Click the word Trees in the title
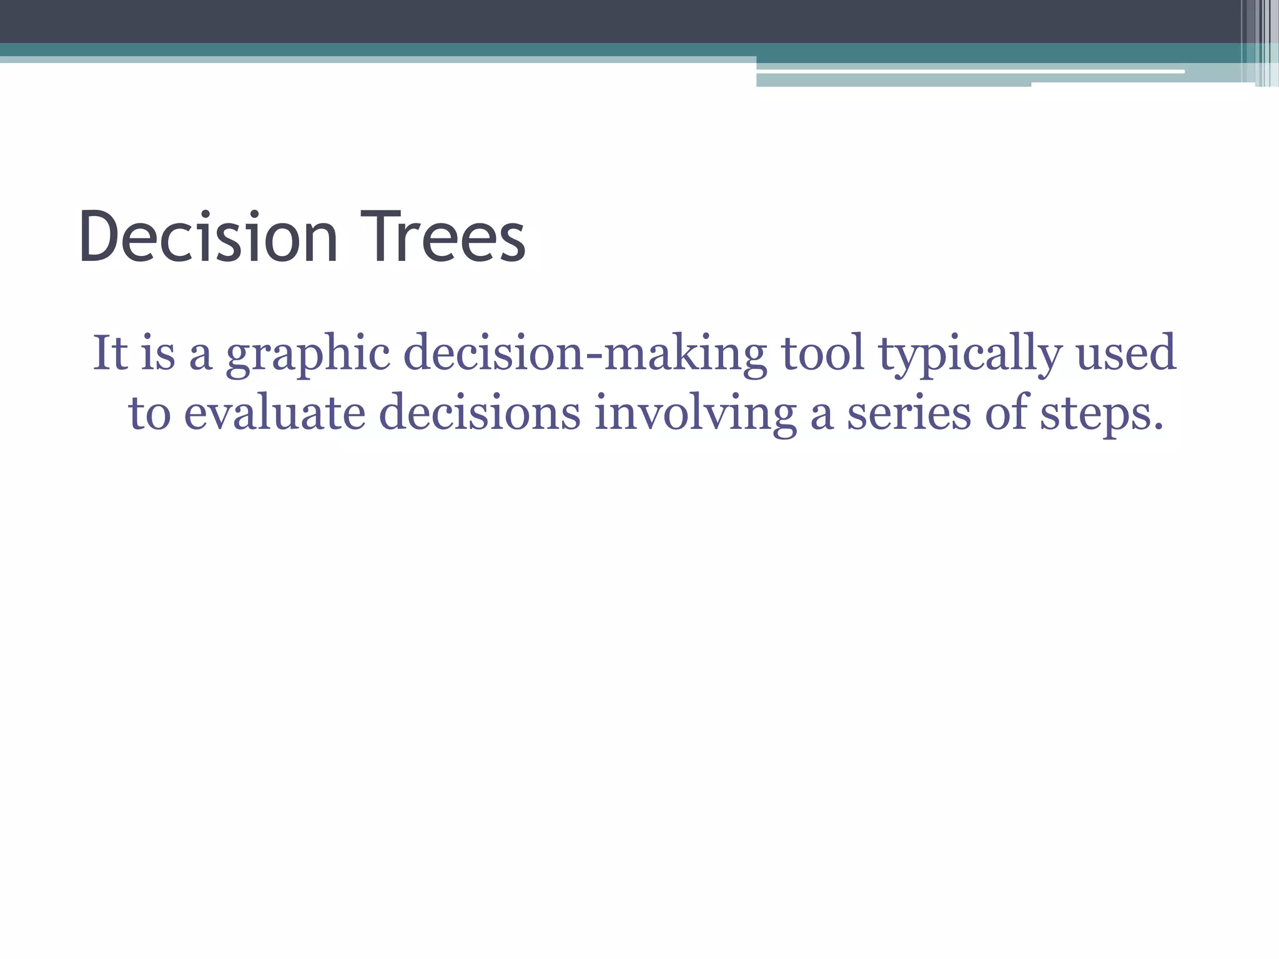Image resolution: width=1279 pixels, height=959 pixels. coord(442,237)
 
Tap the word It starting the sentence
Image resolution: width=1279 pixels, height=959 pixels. coord(110,353)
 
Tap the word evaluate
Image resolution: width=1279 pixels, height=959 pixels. coord(274,413)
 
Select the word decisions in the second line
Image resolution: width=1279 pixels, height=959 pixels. coord(480,413)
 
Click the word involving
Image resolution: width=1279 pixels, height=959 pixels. coord(695,415)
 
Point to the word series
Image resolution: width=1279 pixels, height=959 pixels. coord(909,413)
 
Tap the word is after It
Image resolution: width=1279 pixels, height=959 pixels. coord(158,353)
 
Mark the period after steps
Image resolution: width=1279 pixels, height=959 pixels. coord(1158,427)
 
